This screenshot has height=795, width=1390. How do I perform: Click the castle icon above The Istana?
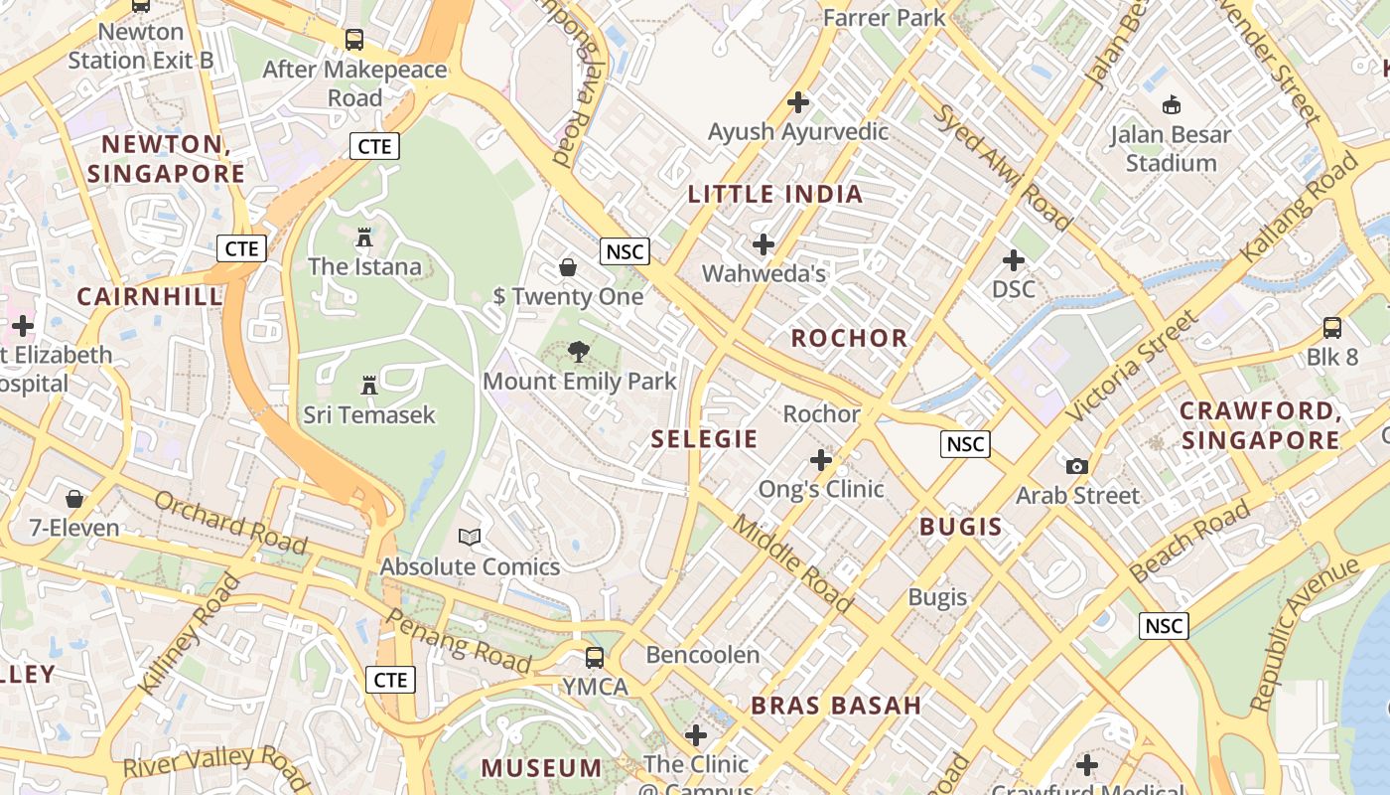coord(364,238)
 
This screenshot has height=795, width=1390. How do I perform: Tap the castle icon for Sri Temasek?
coord(369,385)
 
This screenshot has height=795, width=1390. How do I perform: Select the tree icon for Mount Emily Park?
coord(578,351)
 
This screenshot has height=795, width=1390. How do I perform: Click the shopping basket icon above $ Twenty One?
coord(568,266)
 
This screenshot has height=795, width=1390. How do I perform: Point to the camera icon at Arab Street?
coord(1076,465)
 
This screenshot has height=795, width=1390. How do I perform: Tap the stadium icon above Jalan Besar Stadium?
coord(1171,104)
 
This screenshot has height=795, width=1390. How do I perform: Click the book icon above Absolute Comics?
coord(470,537)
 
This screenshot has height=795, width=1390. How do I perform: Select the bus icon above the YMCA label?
coord(594,657)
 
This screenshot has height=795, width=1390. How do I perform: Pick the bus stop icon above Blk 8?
coord(1331,327)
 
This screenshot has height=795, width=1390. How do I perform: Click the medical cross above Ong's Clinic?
coord(820,459)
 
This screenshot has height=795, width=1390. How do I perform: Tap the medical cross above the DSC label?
coord(1013,260)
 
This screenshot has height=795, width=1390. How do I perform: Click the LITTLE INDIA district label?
coord(775,194)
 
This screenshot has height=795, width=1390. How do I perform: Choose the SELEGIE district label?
coord(704,438)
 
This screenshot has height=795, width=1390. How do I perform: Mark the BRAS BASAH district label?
coord(836,706)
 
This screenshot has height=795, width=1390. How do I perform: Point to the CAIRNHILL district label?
coord(149,296)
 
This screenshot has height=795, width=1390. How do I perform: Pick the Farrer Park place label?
coord(885,17)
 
